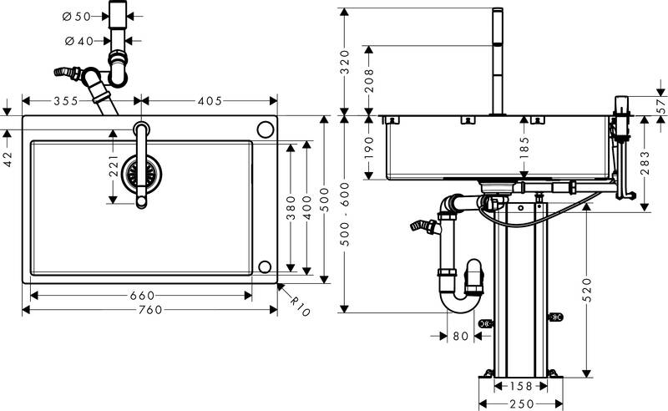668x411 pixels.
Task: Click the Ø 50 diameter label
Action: point(76,16)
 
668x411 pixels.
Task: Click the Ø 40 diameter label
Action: point(76,40)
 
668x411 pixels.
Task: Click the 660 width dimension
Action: point(141,294)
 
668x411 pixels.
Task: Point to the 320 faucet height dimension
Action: point(345,61)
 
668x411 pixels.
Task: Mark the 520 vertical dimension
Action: point(590,288)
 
